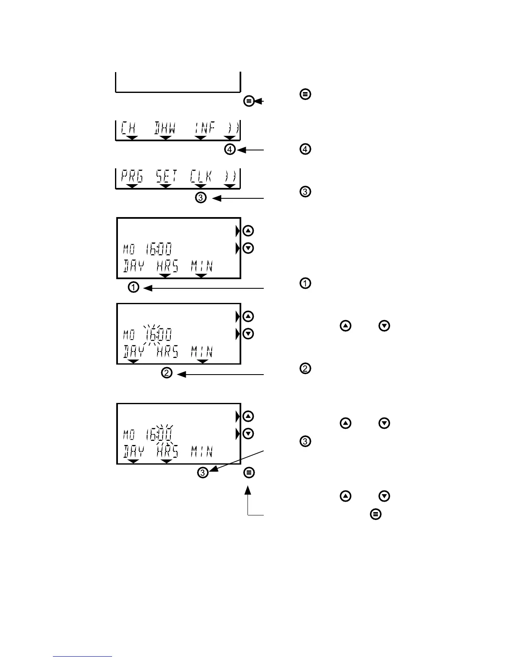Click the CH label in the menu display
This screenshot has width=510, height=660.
(x=129, y=128)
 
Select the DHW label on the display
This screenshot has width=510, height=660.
(x=165, y=128)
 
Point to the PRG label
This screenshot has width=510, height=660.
(x=132, y=177)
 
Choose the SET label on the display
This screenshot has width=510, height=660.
(x=166, y=177)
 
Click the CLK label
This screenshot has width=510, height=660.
(x=201, y=177)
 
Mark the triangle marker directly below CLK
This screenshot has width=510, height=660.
(x=201, y=186)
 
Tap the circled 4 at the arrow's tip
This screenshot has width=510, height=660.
(x=230, y=149)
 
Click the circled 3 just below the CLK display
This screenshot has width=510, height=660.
(x=201, y=198)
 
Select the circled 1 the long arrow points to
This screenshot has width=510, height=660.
(x=133, y=287)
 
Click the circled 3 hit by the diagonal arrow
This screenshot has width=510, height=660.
(x=202, y=472)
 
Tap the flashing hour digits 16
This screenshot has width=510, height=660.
(x=151, y=335)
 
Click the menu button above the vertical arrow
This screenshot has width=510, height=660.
(x=249, y=472)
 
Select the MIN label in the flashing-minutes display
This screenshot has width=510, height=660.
(x=202, y=451)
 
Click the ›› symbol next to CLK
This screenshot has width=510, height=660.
(x=230, y=177)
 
